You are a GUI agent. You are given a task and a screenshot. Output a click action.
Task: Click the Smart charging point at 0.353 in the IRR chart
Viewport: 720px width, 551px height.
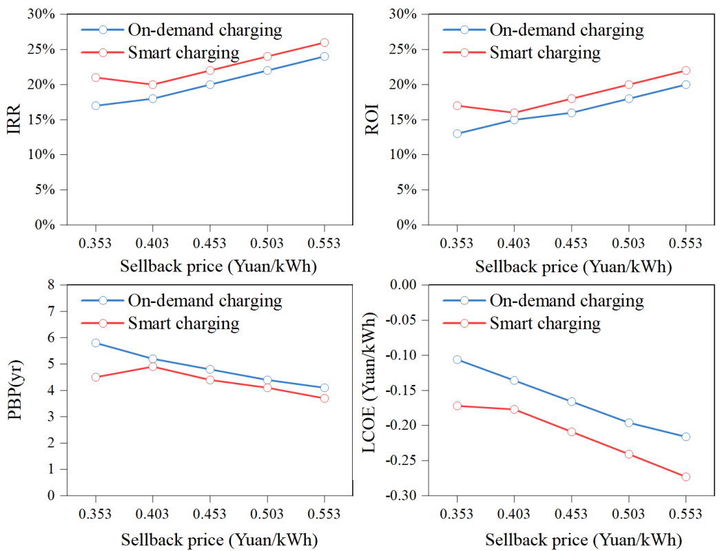click(x=95, y=77)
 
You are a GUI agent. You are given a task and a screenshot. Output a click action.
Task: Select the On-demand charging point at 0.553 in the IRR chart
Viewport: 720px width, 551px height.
click(x=324, y=56)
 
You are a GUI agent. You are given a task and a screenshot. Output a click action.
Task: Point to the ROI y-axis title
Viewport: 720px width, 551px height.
click(x=372, y=119)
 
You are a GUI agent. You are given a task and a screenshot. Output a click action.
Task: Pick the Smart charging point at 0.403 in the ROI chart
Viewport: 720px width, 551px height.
click(x=514, y=113)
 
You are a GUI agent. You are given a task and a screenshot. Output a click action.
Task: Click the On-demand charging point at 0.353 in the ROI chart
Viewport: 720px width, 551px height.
click(x=457, y=134)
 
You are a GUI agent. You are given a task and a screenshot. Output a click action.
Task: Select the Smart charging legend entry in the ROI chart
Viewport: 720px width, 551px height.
click(x=544, y=52)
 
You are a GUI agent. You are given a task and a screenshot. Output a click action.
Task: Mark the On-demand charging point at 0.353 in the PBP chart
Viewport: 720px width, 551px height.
click(x=95, y=343)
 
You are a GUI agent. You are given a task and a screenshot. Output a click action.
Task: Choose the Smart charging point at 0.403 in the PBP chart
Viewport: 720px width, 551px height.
click(x=152, y=366)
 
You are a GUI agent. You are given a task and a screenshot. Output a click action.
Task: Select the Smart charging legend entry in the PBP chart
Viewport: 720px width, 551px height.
click(x=182, y=323)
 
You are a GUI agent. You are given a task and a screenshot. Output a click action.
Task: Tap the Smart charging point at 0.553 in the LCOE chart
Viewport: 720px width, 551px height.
click(x=686, y=477)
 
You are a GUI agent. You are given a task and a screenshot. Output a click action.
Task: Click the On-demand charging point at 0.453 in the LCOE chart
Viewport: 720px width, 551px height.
click(x=571, y=402)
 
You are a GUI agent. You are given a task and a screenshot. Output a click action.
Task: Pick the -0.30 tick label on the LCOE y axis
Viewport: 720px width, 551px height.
click(x=404, y=496)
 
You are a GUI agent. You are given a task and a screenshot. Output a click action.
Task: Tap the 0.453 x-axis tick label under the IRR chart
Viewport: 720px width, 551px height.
click(x=209, y=243)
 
